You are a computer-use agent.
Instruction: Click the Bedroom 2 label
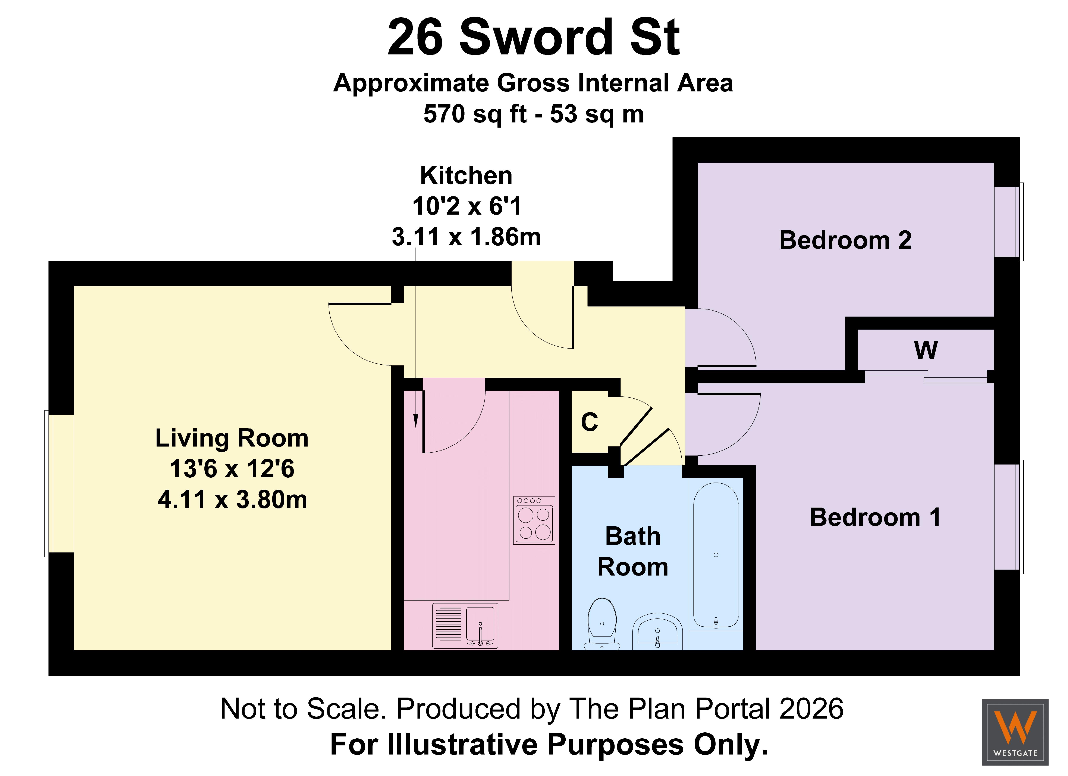[845, 240]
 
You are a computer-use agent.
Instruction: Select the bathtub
[716, 556]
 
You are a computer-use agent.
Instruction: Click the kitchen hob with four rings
[534, 520]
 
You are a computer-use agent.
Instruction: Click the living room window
[59, 483]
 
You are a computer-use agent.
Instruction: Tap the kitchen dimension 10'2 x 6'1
[467, 206]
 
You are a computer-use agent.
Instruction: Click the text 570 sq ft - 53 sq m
[534, 114]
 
